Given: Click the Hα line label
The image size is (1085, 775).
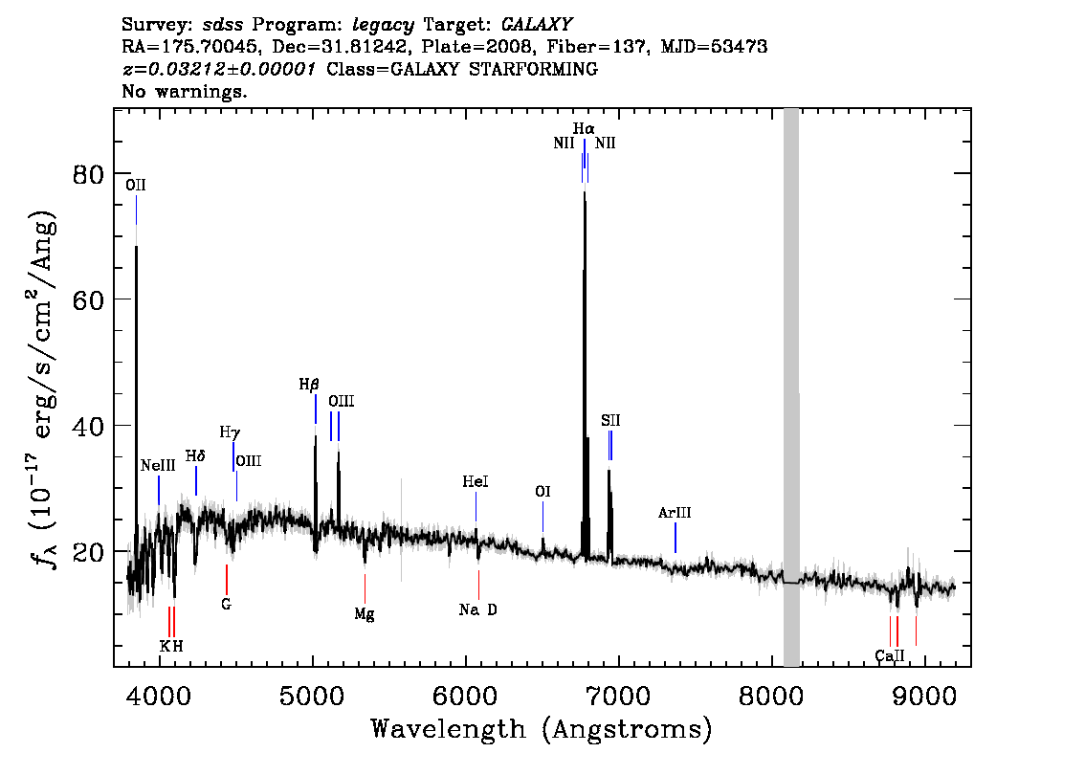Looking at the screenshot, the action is pyautogui.click(x=584, y=129).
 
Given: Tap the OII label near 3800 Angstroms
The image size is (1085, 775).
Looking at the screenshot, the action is pyautogui.click(x=136, y=185).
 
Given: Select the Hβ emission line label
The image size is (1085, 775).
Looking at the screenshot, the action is pyautogui.click(x=309, y=384).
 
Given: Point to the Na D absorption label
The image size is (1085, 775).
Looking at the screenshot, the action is pyautogui.click(x=478, y=609).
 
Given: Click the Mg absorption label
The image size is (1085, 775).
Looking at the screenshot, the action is pyautogui.click(x=365, y=613).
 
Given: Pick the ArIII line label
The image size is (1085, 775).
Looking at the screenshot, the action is pyautogui.click(x=675, y=513).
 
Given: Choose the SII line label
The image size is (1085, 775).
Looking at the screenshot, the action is pyautogui.click(x=610, y=420).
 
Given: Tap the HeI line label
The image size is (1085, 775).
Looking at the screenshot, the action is pyautogui.click(x=476, y=481).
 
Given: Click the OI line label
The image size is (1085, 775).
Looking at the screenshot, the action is pyautogui.click(x=542, y=491).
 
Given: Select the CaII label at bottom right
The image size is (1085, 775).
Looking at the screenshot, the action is pyautogui.click(x=890, y=655).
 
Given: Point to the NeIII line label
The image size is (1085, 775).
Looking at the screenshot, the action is pyautogui.click(x=158, y=465).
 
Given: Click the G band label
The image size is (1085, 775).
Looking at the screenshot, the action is pyautogui.click(x=226, y=604).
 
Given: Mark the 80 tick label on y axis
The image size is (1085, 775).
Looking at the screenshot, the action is pyautogui.click(x=89, y=174).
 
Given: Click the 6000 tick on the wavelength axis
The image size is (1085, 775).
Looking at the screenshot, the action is pyautogui.click(x=466, y=696).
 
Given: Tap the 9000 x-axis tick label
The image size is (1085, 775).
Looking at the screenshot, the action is pyautogui.click(x=923, y=696).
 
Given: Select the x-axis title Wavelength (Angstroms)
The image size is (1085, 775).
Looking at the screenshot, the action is pyautogui.click(x=542, y=729).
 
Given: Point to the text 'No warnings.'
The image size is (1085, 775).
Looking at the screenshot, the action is pyautogui.click(x=184, y=91).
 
